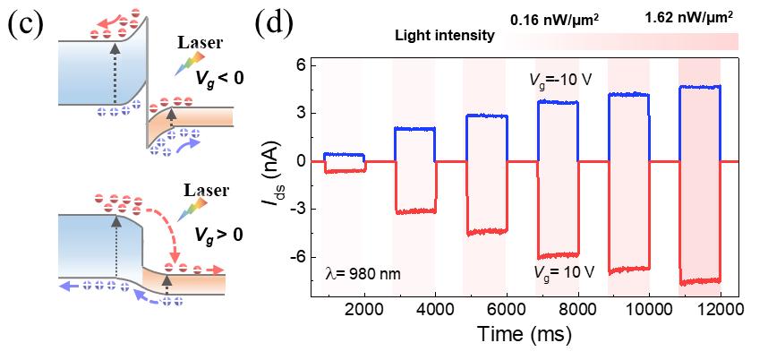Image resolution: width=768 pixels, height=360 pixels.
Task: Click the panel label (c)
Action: coord(24,24)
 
